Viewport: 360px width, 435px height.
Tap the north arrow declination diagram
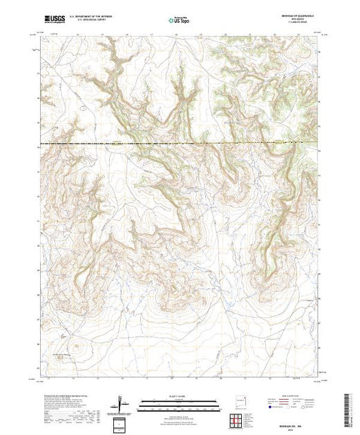tap(122, 400)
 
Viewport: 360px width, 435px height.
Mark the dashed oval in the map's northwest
tap(84, 107)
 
